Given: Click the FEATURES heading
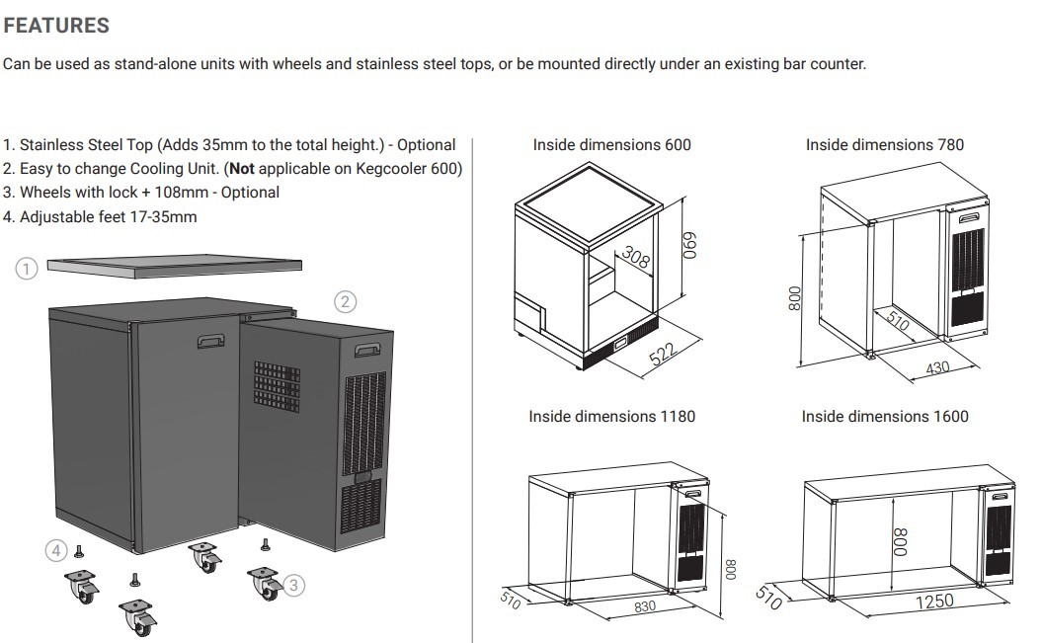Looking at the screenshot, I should pos(55,25).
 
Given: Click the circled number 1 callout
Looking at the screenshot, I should pos(28,267).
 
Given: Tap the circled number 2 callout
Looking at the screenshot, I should pos(345,302).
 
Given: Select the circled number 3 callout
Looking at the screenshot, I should pos(292,585).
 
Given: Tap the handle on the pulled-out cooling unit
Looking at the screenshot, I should pos(367,349).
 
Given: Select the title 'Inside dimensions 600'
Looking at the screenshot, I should pos(611,145).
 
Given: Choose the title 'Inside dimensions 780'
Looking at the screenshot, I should pos(884,145).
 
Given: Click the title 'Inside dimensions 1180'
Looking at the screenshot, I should pos(611,417).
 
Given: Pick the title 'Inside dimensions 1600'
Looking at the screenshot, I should pos(884,417).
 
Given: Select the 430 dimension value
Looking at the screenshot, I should pos(937,367).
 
